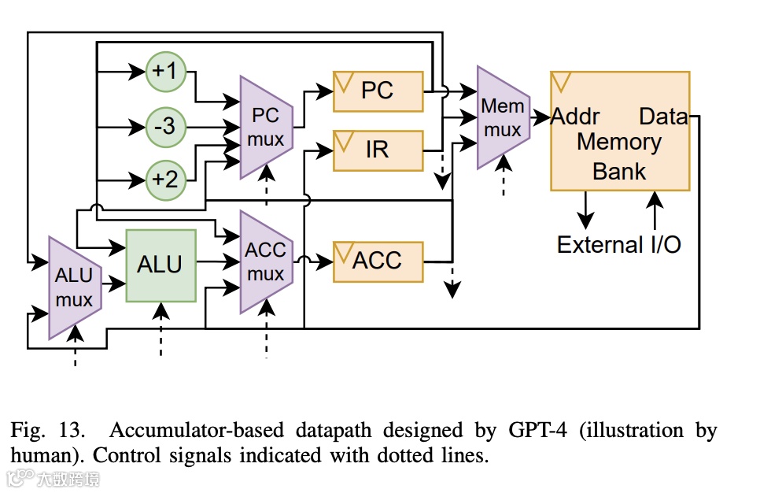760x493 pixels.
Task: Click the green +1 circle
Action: pos(166,72)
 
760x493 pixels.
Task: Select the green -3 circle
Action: pos(166,127)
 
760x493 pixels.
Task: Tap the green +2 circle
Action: pos(166,180)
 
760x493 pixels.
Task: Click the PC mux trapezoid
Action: pos(266,127)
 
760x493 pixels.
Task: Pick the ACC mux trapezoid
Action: pos(266,262)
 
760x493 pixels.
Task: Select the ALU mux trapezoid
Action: pos(75,287)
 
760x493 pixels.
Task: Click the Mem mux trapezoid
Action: pos(503,117)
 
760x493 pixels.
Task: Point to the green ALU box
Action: pos(161,266)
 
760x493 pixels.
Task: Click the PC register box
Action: pos(378,91)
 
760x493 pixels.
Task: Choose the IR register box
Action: pos(378,150)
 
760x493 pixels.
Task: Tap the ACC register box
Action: pos(378,261)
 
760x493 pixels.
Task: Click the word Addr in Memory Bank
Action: pos(575,117)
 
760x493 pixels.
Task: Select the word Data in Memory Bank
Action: pos(663,117)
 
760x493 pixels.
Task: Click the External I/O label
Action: pos(619,245)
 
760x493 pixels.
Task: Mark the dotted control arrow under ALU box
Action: pos(161,329)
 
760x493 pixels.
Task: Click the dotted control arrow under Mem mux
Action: pos(504,175)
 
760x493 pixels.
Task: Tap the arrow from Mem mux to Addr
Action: pos(540,117)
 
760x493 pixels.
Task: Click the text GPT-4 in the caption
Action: pos(537,430)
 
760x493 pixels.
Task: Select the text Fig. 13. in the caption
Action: pos(47,430)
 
